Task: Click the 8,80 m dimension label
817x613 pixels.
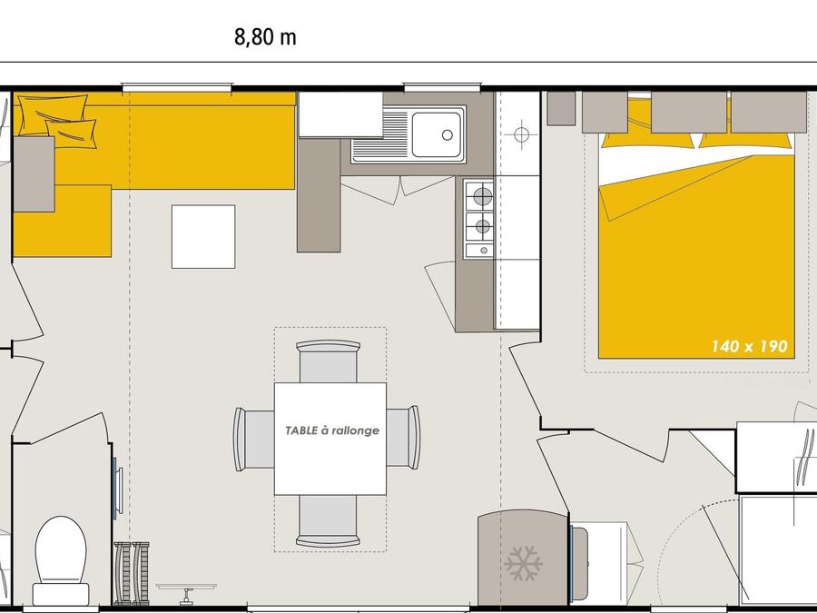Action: [265, 37]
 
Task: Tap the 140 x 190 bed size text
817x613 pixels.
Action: [749, 346]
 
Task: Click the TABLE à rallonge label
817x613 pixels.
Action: [332, 430]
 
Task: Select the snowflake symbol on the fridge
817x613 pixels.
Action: [523, 563]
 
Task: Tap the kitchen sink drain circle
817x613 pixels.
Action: [447, 135]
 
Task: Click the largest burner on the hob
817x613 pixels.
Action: [483, 196]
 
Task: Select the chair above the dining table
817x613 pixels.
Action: [329, 361]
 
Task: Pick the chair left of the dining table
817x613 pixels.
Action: [254, 439]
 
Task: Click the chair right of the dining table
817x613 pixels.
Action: [403, 438]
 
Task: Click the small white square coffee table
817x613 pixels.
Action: [203, 237]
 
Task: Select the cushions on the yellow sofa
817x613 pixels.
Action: [57, 121]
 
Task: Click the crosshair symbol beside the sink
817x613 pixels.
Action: [521, 134]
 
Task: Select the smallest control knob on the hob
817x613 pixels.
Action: [484, 251]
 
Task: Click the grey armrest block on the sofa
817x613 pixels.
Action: [34, 174]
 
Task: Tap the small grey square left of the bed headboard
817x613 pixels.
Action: [562, 108]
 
